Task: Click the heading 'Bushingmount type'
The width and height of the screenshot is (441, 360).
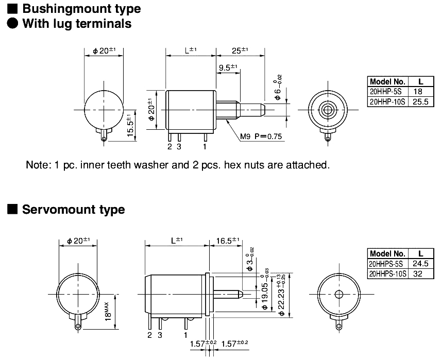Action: tap(81, 9)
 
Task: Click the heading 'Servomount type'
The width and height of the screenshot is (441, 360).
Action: tap(73, 210)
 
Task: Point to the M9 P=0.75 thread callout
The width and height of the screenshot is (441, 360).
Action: tap(262, 136)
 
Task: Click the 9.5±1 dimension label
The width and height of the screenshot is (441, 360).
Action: tap(227, 67)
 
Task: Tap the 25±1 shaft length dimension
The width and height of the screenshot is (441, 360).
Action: tap(240, 50)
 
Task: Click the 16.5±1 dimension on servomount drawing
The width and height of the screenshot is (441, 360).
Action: tap(228, 240)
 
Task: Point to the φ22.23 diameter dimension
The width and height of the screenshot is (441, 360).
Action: tap(281, 291)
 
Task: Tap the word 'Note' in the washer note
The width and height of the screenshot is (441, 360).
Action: tap(37, 165)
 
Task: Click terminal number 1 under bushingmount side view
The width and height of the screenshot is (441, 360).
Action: tap(205, 147)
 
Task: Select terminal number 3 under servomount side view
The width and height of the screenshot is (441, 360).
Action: tap(160, 335)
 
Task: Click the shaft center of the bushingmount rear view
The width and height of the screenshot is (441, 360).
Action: tap(327, 109)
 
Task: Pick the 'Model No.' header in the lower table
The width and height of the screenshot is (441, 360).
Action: tap(387, 253)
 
